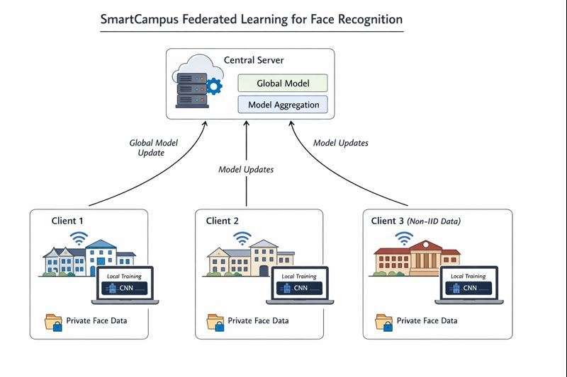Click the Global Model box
(283, 83)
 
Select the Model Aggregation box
(283, 105)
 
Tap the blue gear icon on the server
(213, 86)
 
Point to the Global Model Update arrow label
(154, 147)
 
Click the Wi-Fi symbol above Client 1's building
(79, 238)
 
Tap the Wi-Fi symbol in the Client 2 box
(243, 238)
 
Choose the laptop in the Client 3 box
(470, 285)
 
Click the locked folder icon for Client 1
(54, 323)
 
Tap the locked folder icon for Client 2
(215, 323)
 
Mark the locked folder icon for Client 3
(384, 323)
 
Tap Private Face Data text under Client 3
(427, 320)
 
